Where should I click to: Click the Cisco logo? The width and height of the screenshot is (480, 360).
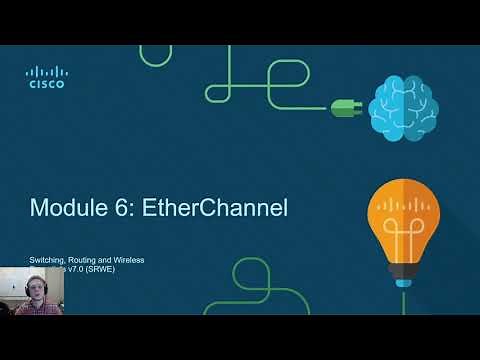(x=45, y=77)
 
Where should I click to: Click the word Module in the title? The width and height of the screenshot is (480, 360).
(x=66, y=208)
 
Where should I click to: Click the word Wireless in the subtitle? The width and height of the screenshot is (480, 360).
(x=130, y=260)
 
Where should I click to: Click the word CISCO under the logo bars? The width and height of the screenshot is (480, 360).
(x=45, y=85)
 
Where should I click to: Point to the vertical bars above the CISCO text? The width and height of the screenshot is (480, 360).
(x=45, y=71)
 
